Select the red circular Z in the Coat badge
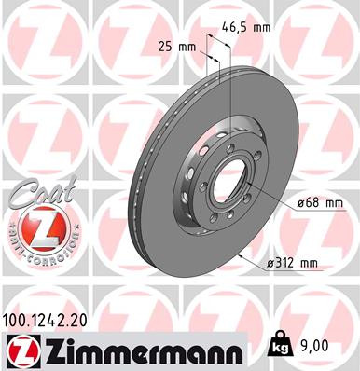(38, 227)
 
